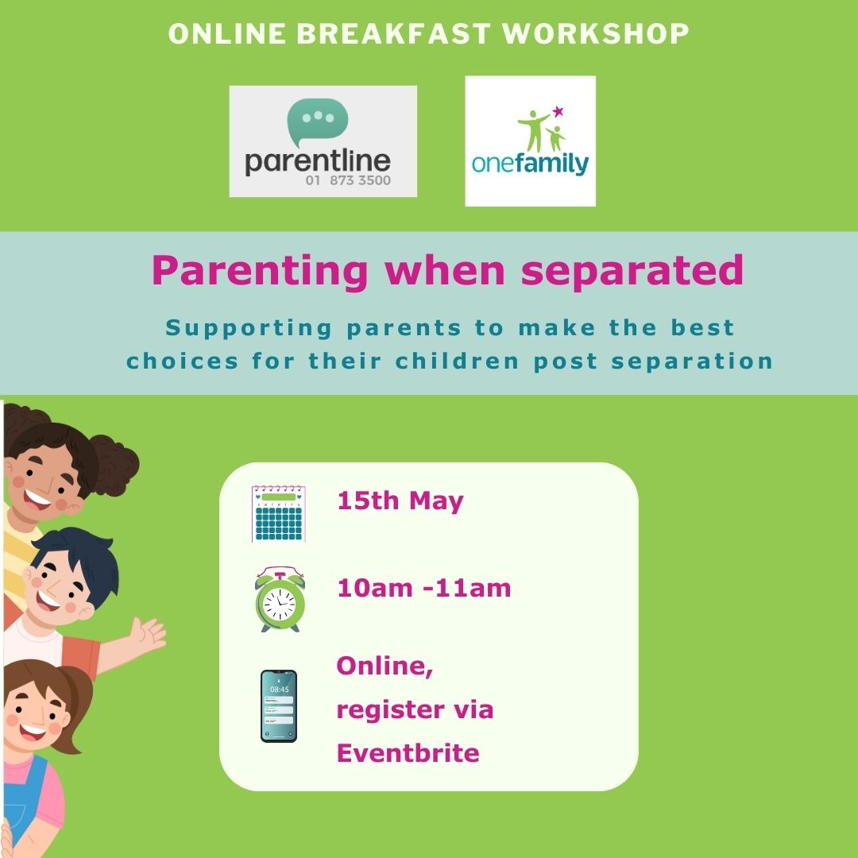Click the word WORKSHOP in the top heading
point(595,33)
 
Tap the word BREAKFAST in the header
point(393,33)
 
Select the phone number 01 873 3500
point(348,180)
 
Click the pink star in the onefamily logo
point(558,112)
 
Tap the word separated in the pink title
point(632,270)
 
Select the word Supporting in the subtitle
point(249,329)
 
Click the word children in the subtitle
point(457,361)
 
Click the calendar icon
point(279,513)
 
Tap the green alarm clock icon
point(280,599)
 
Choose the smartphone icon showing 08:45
point(279,706)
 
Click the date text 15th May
point(400,500)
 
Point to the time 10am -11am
point(424,588)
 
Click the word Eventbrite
point(408,753)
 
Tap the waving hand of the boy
point(146,635)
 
